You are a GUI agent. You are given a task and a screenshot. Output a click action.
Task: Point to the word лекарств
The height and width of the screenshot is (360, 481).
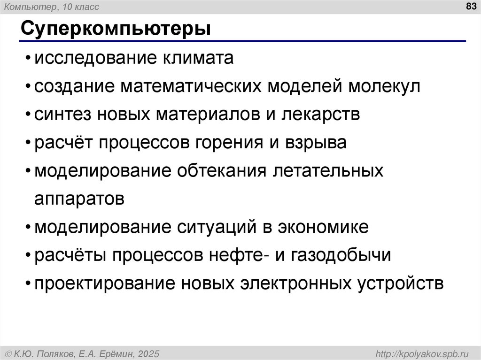click(321, 115)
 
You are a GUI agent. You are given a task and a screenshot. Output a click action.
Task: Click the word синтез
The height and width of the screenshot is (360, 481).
click(62, 115)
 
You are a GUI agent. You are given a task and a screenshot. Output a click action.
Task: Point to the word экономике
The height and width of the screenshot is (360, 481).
click(323, 227)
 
